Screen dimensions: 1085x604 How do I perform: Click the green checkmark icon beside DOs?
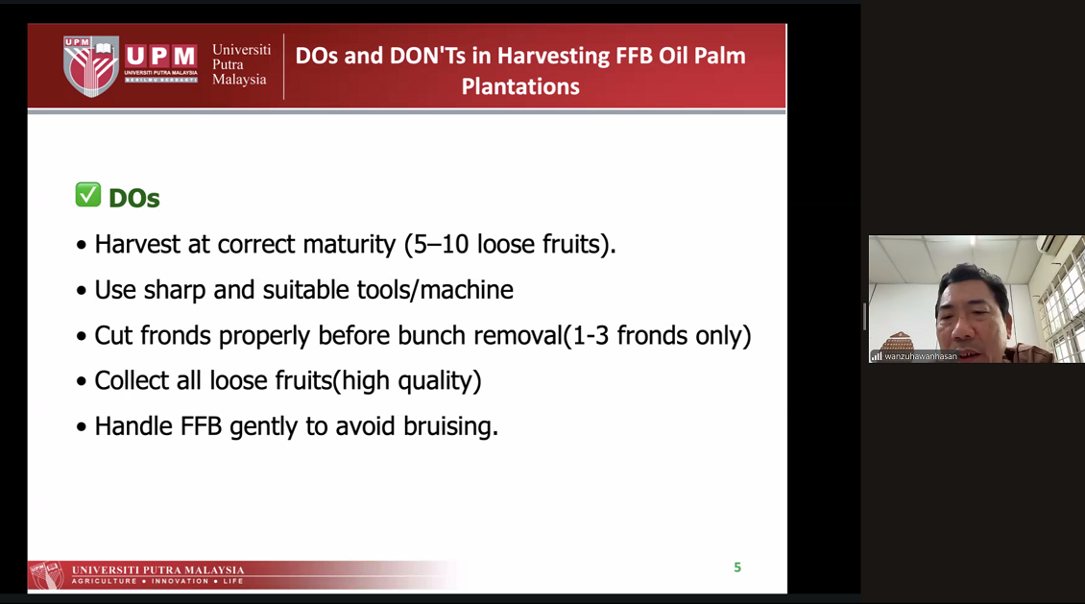coord(88,195)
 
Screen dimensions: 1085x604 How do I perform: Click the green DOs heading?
coord(134,199)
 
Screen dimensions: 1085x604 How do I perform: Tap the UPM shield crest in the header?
coord(91,65)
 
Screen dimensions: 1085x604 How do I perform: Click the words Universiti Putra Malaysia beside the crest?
coord(241,64)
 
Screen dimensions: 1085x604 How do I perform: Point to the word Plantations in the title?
coord(520,86)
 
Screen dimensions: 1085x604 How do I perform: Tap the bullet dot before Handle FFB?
coord(82,427)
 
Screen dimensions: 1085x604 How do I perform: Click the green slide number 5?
coord(737,568)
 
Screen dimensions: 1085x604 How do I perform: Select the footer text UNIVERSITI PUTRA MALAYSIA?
coord(157,570)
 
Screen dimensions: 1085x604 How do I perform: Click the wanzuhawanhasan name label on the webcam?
coord(920,356)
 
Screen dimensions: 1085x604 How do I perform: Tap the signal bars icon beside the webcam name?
coord(876,356)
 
